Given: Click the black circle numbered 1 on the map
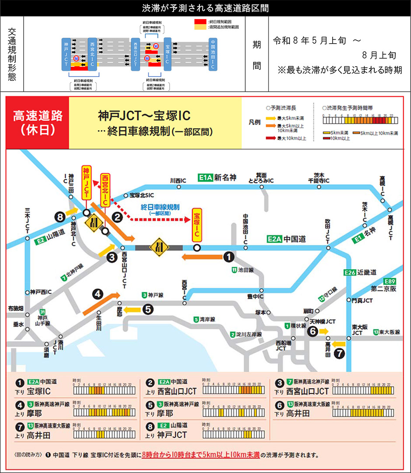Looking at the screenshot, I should coord(228,257).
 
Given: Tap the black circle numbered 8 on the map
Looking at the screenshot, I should coord(60,216).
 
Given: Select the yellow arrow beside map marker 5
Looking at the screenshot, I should coord(132,310).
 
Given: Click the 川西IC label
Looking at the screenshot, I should coord(178,180).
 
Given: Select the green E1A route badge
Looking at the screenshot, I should coord(205,178).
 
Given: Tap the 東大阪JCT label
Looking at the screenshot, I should coord(357,330).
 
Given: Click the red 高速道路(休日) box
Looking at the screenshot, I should coord(38,122).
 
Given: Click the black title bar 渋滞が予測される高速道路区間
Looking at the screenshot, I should coord(205,8).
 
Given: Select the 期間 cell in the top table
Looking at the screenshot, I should coord(257,54).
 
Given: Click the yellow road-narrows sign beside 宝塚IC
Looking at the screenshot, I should coord(159,247).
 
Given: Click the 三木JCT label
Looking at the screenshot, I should coord(27,222).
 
